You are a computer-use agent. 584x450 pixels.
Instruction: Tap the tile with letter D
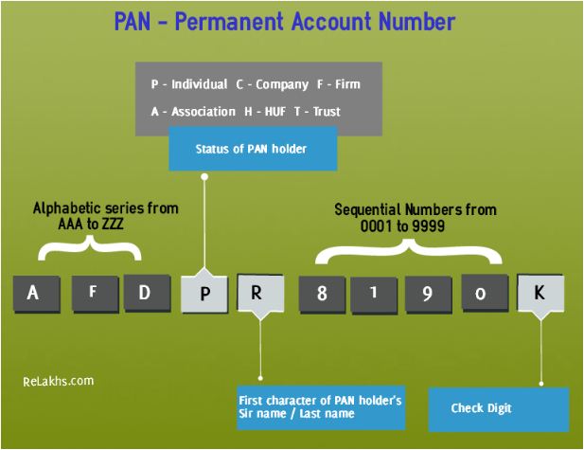point(145,292)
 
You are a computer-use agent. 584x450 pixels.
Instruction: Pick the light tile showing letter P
point(204,294)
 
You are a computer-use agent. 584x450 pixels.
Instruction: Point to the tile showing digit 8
point(322,294)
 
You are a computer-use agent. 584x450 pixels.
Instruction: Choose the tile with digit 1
point(375,293)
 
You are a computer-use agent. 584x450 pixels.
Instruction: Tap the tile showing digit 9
point(427,294)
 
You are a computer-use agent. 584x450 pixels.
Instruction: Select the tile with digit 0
point(481,294)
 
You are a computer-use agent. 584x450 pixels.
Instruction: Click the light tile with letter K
point(540,293)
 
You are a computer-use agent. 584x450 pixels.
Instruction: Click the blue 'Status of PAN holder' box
point(252,150)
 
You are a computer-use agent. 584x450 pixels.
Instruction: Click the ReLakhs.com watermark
point(59,381)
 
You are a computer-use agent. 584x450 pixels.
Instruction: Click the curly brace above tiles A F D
point(89,248)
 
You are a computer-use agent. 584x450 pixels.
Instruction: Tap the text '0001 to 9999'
point(403,228)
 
